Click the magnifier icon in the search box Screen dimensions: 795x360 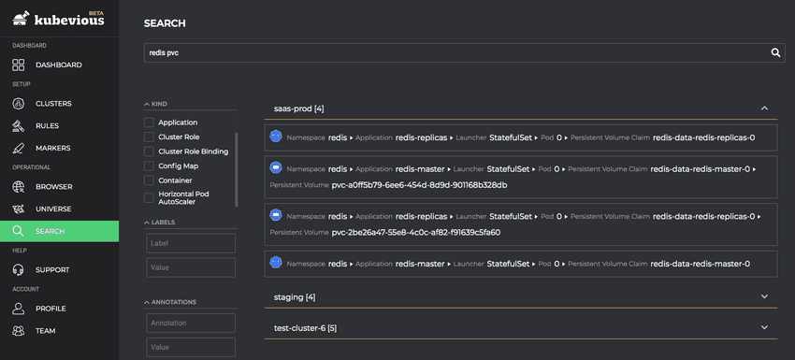(x=775, y=53)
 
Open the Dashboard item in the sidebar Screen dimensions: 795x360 (x=58, y=65)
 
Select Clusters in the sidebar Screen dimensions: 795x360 (x=53, y=103)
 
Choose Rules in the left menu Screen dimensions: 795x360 (x=47, y=125)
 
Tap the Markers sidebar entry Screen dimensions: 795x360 (x=52, y=148)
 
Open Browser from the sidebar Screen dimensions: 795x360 (x=53, y=186)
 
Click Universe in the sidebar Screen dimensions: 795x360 (x=53, y=209)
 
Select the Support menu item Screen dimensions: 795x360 (x=52, y=269)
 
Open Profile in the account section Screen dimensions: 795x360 (x=51, y=308)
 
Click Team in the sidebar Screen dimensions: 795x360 (x=46, y=330)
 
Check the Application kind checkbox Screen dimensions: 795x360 (x=149, y=122)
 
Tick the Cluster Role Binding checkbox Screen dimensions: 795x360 (x=149, y=151)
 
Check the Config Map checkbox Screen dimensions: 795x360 (x=149, y=166)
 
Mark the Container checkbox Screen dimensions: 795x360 (x=149, y=180)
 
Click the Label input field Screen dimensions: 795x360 (x=190, y=243)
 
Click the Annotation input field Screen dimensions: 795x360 (x=190, y=323)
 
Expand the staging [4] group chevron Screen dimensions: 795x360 (x=764, y=296)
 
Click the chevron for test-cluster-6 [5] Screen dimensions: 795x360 (x=764, y=327)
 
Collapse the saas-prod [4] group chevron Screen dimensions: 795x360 (x=764, y=108)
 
